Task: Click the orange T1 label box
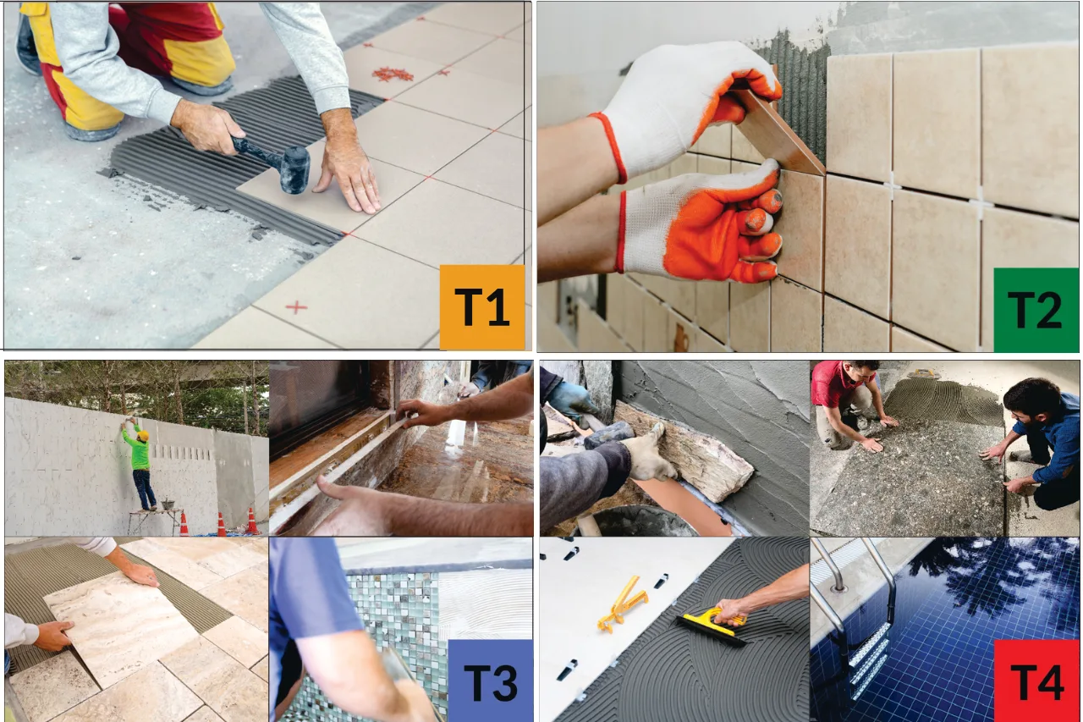(x=482, y=307)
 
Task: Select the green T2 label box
(x=1036, y=310)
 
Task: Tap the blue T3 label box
(x=490, y=681)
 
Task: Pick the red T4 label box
(x=1036, y=681)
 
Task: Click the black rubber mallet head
(x=295, y=170)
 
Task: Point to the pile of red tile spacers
(x=393, y=74)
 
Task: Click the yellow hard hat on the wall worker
(x=143, y=436)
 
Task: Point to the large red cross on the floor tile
(x=296, y=307)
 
